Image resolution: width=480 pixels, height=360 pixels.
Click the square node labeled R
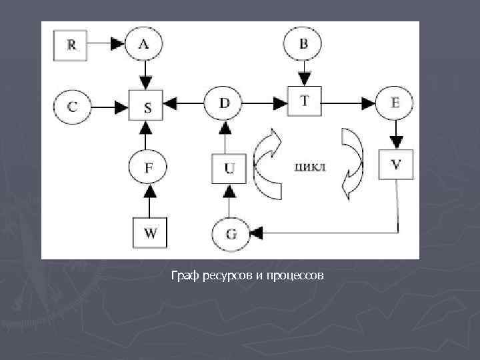pyautogui.click(x=72, y=45)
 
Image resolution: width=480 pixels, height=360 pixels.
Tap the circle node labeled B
pyautogui.click(x=303, y=45)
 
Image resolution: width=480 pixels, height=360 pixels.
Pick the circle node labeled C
pyautogui.click(x=73, y=105)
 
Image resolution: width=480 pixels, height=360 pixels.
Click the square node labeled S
pyautogui.click(x=147, y=105)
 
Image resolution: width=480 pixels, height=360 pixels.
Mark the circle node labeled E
pyautogui.click(x=395, y=103)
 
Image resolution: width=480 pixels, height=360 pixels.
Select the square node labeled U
pyautogui.click(x=229, y=168)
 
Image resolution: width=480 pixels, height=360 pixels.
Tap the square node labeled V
pyautogui.click(x=395, y=164)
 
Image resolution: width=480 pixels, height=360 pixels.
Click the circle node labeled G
pyautogui.click(x=231, y=233)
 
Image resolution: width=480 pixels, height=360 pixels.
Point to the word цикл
pyautogui.click(x=310, y=166)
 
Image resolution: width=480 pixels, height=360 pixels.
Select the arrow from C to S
pyautogui.click(x=110, y=105)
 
